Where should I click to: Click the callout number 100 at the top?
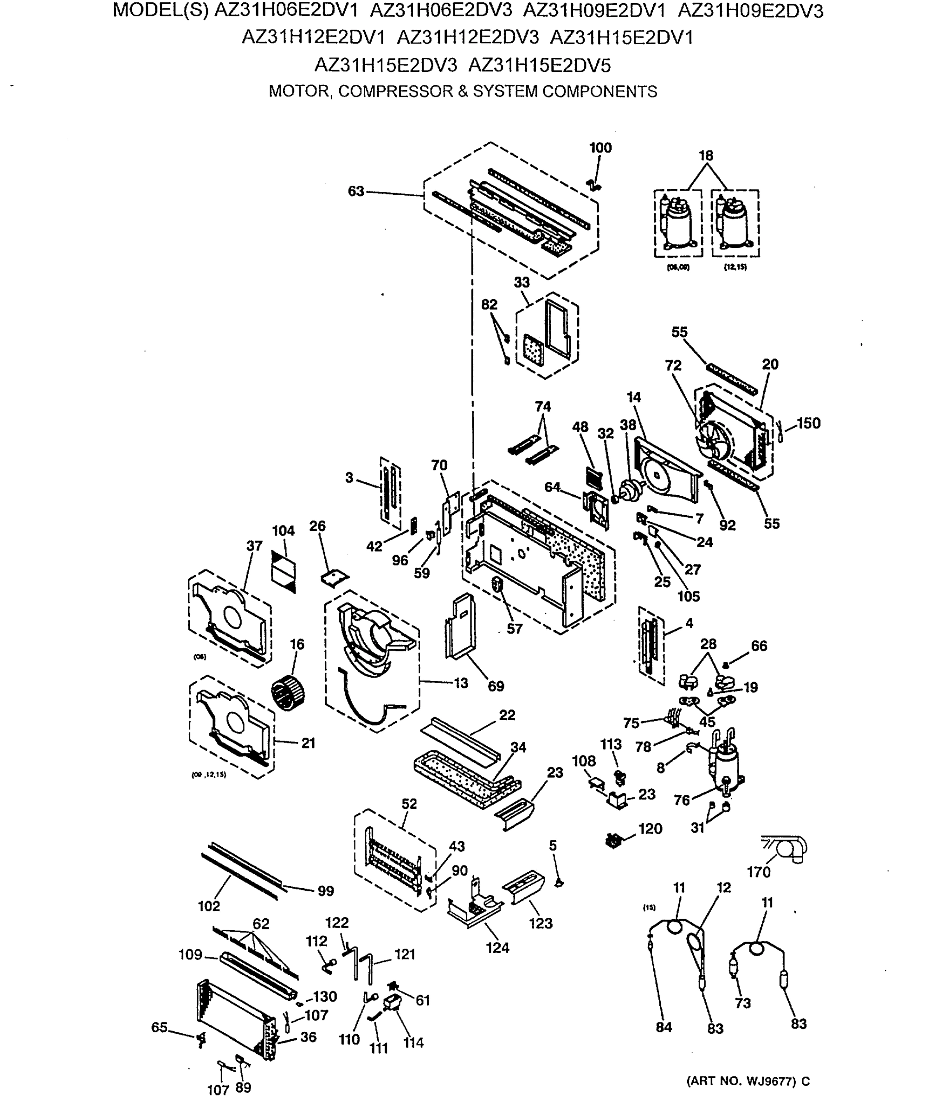[x=600, y=148]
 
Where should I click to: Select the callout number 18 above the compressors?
[x=706, y=156]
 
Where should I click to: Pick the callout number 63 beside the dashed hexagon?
[x=356, y=192]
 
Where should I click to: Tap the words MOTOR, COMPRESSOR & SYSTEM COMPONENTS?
[x=463, y=91]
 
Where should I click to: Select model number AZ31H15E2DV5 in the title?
[x=539, y=66]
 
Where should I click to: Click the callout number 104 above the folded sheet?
[x=283, y=531]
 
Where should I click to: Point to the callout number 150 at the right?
[x=808, y=423]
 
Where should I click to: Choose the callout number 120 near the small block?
[x=650, y=828]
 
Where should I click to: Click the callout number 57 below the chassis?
[x=515, y=628]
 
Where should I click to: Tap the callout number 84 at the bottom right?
[x=664, y=1027]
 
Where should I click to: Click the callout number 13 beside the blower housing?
[x=461, y=683]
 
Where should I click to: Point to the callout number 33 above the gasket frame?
[x=522, y=282]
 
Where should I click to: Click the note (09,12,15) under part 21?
[x=208, y=774]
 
